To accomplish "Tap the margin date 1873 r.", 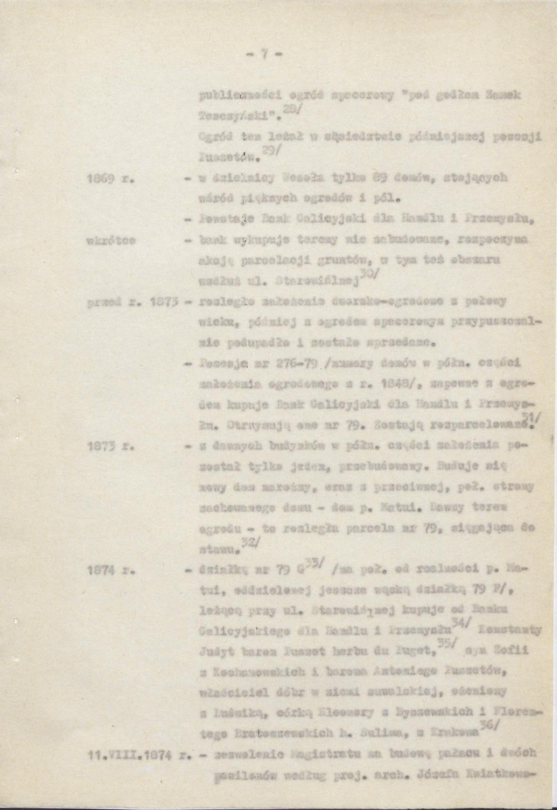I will (104, 447).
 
